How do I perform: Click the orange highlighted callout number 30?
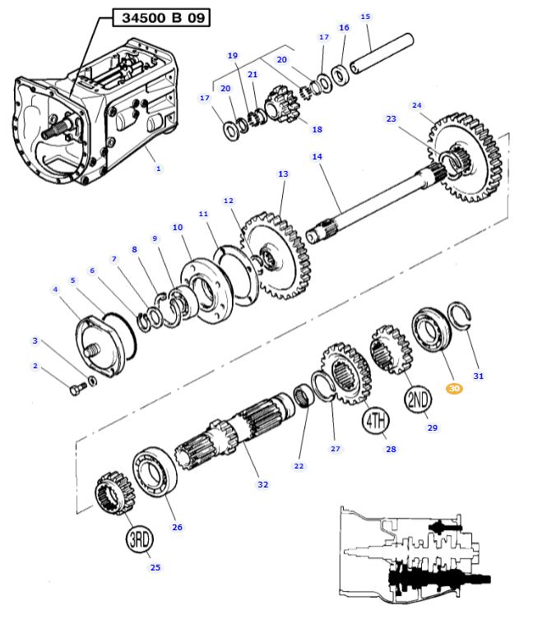pyautogui.click(x=454, y=388)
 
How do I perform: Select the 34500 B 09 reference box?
pyautogui.click(x=161, y=17)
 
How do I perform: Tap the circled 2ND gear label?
pyautogui.click(x=418, y=399)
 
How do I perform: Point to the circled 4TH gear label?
pyautogui.click(x=376, y=421)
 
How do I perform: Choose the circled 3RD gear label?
pyautogui.click(x=140, y=539)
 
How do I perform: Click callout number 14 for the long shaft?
pyautogui.click(x=317, y=156)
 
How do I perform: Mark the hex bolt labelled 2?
pyautogui.click(x=78, y=388)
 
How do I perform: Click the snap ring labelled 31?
pyautogui.click(x=460, y=314)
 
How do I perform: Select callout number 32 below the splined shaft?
pyautogui.click(x=262, y=484)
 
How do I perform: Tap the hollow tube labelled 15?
pyautogui.click(x=382, y=53)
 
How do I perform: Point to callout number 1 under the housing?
pyautogui.click(x=158, y=169)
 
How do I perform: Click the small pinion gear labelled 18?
pyautogui.click(x=283, y=104)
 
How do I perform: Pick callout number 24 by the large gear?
pyautogui.click(x=417, y=105)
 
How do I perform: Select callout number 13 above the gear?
pyautogui.click(x=283, y=173)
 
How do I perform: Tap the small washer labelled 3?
pyautogui.click(x=92, y=381)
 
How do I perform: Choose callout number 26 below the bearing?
pyautogui.click(x=177, y=527)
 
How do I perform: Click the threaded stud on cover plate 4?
pyautogui.click(x=91, y=351)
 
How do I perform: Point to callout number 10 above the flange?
pyautogui.click(x=178, y=227)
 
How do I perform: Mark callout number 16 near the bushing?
pyautogui.click(x=344, y=27)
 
